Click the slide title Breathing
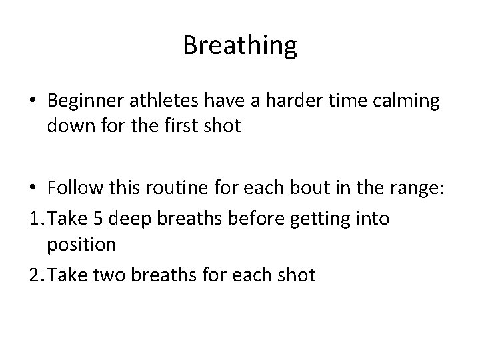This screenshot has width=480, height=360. pos(240,45)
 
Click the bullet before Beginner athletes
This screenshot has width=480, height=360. pos(31,101)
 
